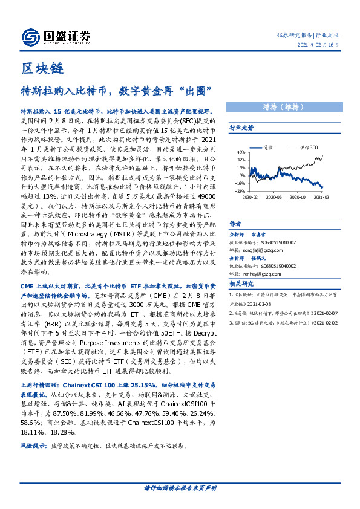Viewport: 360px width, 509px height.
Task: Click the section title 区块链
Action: click(x=42, y=68)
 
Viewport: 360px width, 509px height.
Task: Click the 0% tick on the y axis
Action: click(x=242, y=175)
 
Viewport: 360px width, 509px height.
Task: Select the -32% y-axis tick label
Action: click(x=240, y=190)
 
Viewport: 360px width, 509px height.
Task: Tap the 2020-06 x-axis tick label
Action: click(x=274, y=197)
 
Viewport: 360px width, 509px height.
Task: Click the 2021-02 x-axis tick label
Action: click(x=321, y=197)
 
